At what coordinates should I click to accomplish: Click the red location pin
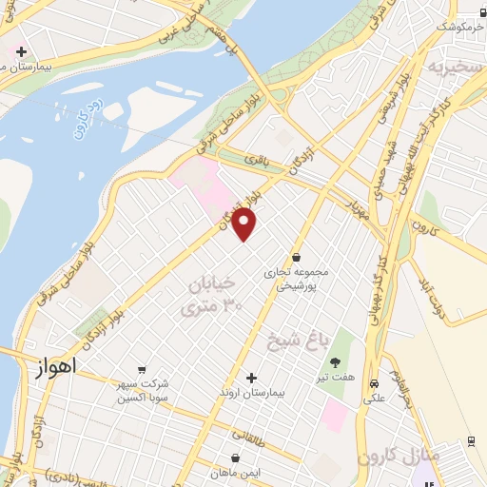pos(244,224)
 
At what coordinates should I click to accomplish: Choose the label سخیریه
pos(449,68)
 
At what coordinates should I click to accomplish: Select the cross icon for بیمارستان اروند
pos(252,379)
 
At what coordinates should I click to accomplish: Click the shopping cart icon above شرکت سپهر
pos(142,370)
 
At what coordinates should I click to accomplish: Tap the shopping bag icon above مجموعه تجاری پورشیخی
pos(297,257)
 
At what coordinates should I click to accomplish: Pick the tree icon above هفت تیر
pos(335,361)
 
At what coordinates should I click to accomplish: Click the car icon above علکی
pos(374,384)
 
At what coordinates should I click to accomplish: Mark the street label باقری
pos(256,162)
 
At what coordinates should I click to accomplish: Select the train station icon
pos(472,441)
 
